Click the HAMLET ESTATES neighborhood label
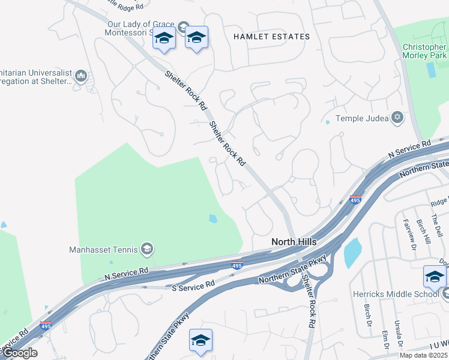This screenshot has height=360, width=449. (271, 37)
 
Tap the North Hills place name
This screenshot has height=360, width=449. (294, 241)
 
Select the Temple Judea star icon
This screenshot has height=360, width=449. (397, 118)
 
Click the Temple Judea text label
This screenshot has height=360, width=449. (362, 118)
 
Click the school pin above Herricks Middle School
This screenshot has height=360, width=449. (435, 277)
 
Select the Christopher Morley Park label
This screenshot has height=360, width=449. (424, 51)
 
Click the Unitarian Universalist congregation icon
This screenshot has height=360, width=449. (82, 76)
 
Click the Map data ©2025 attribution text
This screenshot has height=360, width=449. (423, 355)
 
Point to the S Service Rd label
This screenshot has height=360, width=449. (193, 285)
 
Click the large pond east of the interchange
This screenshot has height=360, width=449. (352, 252)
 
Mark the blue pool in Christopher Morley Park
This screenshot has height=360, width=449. (431, 70)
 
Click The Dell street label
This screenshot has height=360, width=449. (437, 227)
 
